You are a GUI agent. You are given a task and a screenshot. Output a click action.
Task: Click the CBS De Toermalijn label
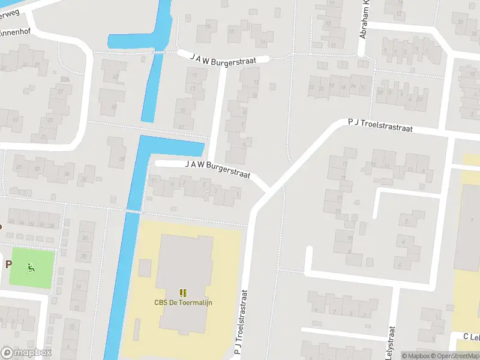click(x=183, y=302)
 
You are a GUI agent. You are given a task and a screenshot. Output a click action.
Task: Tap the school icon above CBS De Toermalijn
click(x=183, y=293)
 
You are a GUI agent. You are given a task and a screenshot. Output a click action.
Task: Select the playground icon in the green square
click(x=30, y=267)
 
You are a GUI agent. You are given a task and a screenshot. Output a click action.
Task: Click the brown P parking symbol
click(x=8, y=263)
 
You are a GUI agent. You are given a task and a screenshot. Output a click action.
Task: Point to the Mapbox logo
click(x=25, y=353)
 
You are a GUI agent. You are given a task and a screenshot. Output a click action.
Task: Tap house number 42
click(x=115, y=77)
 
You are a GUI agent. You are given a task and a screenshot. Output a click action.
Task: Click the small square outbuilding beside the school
click(x=145, y=267)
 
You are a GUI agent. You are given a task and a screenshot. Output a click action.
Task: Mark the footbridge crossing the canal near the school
click(x=133, y=211)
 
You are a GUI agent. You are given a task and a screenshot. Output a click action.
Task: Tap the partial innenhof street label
click(x=15, y=32)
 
